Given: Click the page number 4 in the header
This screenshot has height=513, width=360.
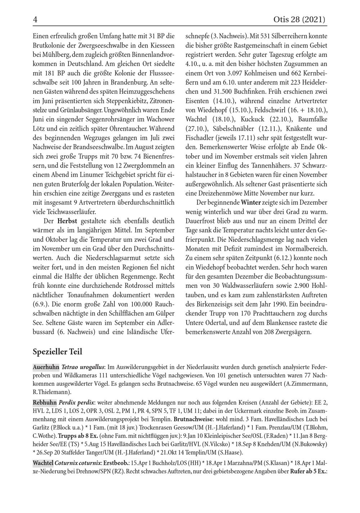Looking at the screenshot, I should point(35,20).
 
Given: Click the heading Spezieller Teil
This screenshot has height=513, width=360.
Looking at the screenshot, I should point(57,351).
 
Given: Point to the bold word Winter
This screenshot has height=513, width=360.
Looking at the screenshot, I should point(251,202).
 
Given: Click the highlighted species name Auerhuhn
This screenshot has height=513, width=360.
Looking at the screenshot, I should point(46,367).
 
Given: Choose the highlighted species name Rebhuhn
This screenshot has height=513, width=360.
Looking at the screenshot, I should point(45,402).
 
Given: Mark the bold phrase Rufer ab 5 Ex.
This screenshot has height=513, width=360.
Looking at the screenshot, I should point(309,471).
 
